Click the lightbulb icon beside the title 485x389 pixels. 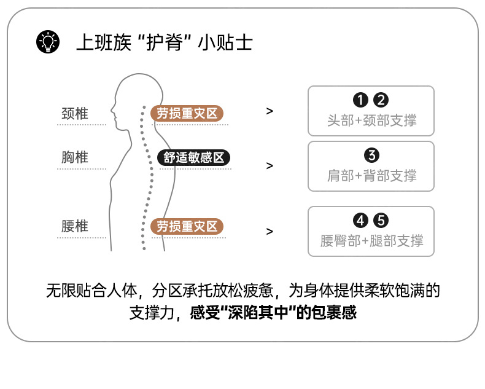click(48, 42)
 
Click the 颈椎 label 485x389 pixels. click(75, 114)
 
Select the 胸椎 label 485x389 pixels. click(75, 157)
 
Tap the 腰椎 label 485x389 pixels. click(75, 226)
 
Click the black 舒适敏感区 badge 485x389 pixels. click(194, 157)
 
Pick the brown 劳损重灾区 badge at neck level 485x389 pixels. click(187, 114)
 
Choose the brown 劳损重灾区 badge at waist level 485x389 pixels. click(187, 227)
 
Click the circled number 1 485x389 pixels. click(360, 100)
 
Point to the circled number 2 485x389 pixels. click(381, 100)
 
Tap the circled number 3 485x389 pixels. click(371, 155)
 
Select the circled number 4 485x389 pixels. click(360, 220)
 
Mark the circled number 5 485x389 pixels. click(381, 220)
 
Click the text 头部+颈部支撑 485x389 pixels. click(371, 120)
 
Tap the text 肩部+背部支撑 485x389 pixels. click(371, 175)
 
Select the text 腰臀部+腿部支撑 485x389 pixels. click(371, 240)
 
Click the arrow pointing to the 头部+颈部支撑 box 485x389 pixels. click(270, 111)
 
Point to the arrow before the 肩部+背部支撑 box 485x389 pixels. click(270, 166)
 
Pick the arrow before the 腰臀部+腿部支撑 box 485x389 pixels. click(270, 232)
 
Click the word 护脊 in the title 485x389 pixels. click(166, 42)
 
